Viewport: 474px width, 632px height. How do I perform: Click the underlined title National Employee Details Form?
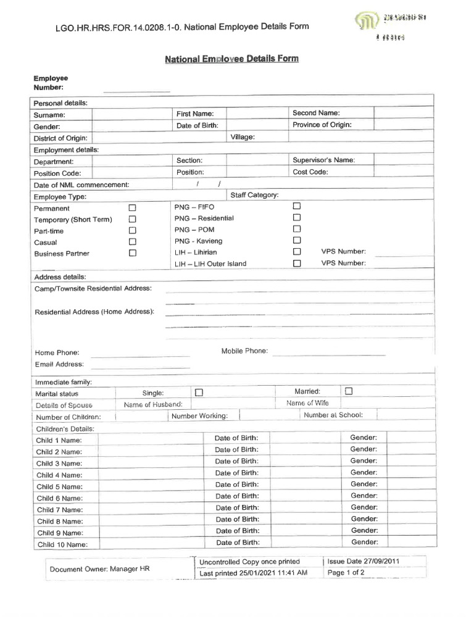coord(231,59)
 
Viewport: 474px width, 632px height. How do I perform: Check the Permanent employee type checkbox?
coord(132,209)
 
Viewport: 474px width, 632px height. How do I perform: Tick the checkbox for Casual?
coord(132,242)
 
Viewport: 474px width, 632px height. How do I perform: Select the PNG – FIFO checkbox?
coord(297,206)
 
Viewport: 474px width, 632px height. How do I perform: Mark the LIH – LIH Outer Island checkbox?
coord(297,263)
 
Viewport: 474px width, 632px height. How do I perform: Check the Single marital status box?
coord(199,392)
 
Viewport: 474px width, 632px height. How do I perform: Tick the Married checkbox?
coord(349,391)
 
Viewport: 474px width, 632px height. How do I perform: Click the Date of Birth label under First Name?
coord(195,126)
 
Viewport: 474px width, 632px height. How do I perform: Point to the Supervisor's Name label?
coord(323,160)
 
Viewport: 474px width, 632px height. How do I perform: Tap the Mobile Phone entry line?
coord(328,353)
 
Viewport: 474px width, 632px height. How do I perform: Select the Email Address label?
coord(59,364)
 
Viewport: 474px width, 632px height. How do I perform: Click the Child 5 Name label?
coord(59,487)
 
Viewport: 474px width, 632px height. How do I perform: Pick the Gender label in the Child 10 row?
coord(364,542)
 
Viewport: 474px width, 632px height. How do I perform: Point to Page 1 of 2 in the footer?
coord(346,573)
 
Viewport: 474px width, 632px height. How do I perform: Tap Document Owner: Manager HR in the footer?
coord(99,568)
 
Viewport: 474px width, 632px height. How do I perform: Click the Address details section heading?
coord(60,276)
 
